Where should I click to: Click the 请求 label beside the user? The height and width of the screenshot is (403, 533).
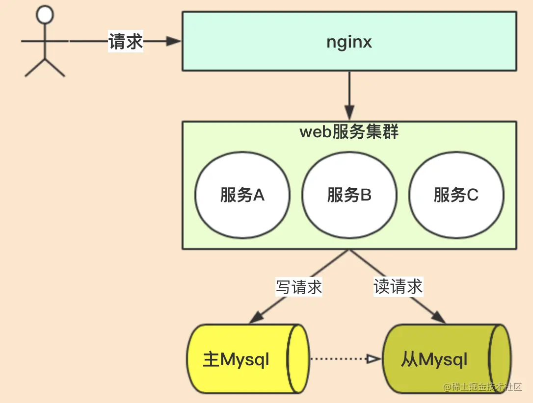coord(126,42)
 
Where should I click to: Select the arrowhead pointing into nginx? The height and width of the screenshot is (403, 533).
coord(174,42)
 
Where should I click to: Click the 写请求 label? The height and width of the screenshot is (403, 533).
coord(298,287)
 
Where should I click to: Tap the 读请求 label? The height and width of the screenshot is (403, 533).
coord(398,286)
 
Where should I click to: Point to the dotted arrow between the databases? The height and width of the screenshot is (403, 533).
coord(339,359)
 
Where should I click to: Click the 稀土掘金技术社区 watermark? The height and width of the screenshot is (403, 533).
coord(483,387)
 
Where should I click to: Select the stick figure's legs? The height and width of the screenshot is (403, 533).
coord(45,68)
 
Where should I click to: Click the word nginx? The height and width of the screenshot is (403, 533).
coord(349,42)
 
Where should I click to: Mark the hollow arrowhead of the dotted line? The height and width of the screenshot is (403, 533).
coord(373,359)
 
